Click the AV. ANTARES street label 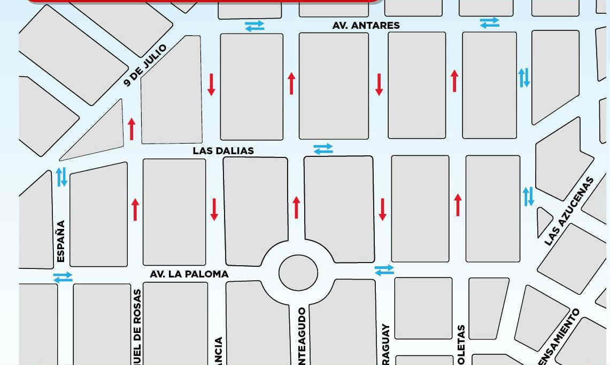(x=366, y=26)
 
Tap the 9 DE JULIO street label (x=145, y=65)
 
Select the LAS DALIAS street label (x=223, y=151)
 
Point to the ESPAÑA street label (x=60, y=241)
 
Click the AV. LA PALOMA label (x=189, y=274)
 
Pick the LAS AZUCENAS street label (x=569, y=211)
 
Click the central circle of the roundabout (x=298, y=272)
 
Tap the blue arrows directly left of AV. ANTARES (x=254, y=26)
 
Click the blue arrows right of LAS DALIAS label (x=323, y=149)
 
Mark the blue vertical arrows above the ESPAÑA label (x=62, y=177)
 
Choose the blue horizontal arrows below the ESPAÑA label (x=63, y=277)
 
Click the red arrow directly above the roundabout (x=297, y=208)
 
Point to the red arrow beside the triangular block (x=132, y=129)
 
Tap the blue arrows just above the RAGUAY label (x=384, y=271)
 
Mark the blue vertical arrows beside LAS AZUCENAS (x=528, y=196)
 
